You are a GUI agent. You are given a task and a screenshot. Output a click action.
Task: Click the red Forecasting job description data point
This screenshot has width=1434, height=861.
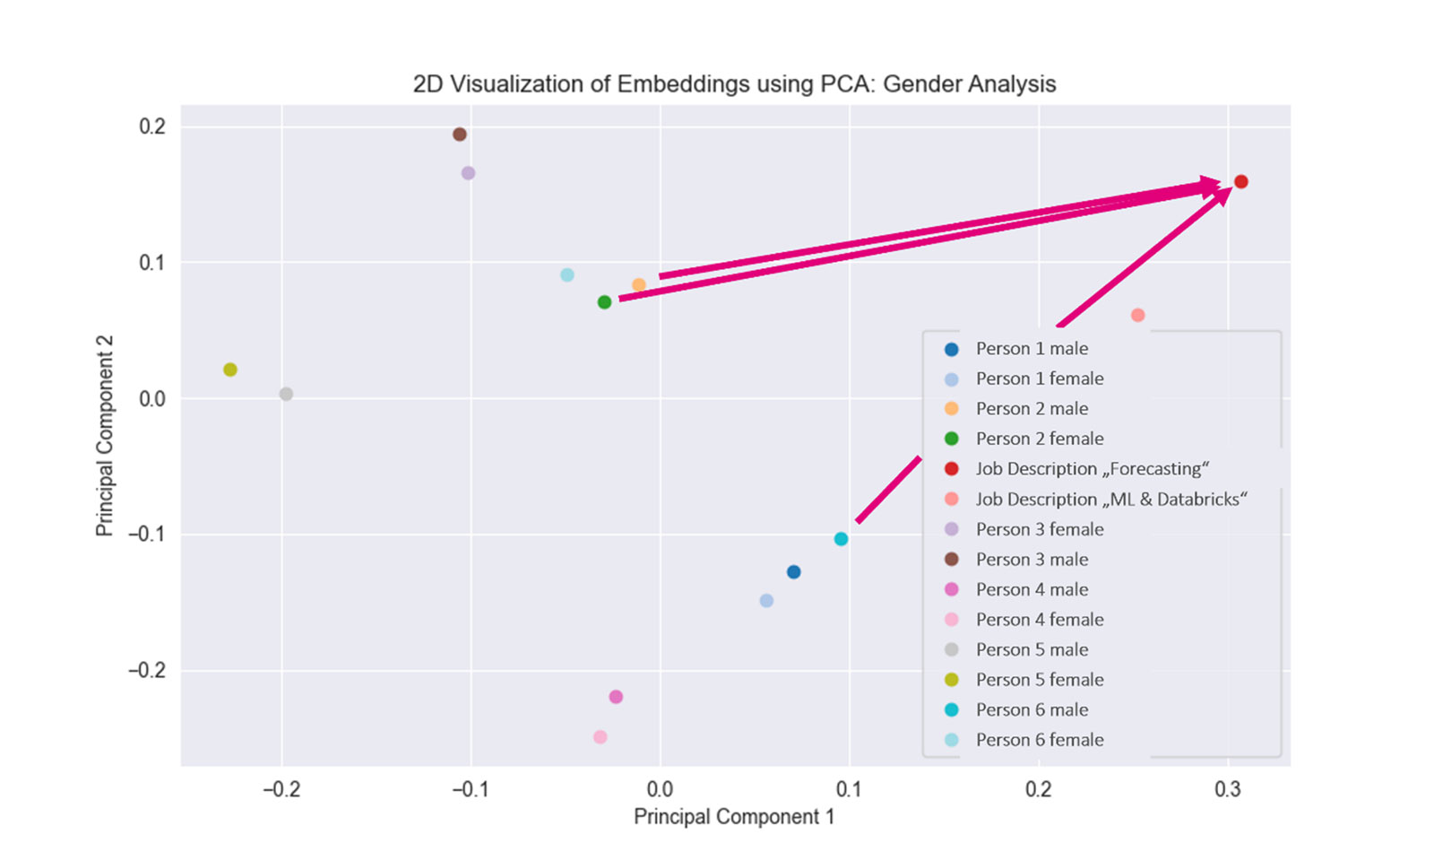(x=1241, y=182)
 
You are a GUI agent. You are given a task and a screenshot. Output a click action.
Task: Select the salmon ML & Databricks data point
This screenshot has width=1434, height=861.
(x=1137, y=315)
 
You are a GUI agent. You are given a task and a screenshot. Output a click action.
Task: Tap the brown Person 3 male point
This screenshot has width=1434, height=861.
(x=460, y=135)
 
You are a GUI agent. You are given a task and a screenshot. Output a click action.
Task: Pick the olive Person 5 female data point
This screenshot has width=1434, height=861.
(x=230, y=370)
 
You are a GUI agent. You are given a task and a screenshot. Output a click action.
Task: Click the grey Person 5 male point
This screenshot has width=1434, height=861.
(x=286, y=394)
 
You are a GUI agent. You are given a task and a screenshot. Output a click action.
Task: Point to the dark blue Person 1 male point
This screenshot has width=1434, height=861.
(x=793, y=572)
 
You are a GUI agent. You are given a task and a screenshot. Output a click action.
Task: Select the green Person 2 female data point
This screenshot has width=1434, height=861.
(x=604, y=302)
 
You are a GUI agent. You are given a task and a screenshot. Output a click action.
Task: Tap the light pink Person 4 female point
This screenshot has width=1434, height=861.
(x=600, y=737)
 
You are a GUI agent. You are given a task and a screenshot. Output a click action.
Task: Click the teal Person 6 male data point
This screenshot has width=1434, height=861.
(x=841, y=539)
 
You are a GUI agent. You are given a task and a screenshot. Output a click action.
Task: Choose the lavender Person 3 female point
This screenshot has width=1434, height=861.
(x=468, y=173)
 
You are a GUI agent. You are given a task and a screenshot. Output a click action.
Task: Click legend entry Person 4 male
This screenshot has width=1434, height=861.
(x=1032, y=589)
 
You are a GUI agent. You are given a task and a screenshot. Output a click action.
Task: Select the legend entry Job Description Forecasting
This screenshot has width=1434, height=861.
(x=1092, y=469)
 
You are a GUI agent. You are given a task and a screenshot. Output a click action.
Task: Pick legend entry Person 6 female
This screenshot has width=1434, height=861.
(x=1039, y=740)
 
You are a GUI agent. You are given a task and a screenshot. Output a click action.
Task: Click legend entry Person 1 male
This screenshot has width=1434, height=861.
(x=1032, y=349)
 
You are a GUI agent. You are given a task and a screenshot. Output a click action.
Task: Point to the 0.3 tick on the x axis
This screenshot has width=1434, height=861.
(x=1228, y=789)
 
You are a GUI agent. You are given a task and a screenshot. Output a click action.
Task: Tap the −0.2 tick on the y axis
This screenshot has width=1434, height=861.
(x=148, y=671)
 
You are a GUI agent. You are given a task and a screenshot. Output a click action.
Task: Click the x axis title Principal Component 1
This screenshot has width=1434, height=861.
(x=733, y=817)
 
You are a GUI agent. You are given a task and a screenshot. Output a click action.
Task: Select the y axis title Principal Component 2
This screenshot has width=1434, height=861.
(x=105, y=436)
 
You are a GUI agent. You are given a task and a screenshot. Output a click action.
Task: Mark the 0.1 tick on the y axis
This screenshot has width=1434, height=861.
(x=152, y=263)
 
